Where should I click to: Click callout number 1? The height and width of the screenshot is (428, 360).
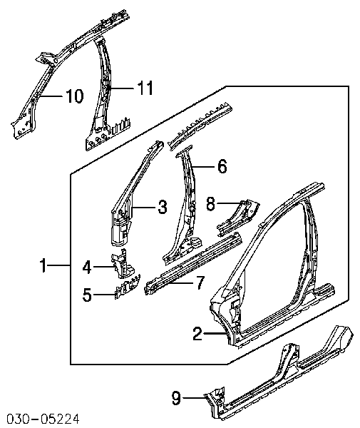click(43, 265)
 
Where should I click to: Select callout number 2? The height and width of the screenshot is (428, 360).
click(197, 334)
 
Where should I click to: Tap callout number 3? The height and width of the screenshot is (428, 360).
click(163, 207)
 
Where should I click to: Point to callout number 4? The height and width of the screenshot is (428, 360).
click(87, 267)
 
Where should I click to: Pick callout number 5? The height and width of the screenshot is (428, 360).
click(87, 295)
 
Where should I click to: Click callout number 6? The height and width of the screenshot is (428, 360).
click(222, 166)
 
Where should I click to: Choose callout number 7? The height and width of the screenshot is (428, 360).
click(200, 283)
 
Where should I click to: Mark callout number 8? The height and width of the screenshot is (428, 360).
click(210, 203)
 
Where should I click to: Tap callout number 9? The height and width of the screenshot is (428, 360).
click(176, 398)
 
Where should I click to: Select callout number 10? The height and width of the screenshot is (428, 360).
click(74, 96)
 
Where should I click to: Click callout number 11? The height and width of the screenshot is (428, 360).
click(145, 88)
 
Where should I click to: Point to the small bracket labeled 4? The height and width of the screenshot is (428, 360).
click(123, 264)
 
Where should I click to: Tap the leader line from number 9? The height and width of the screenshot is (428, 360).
click(195, 398)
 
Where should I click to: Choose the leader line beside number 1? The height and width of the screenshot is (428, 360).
click(59, 265)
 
